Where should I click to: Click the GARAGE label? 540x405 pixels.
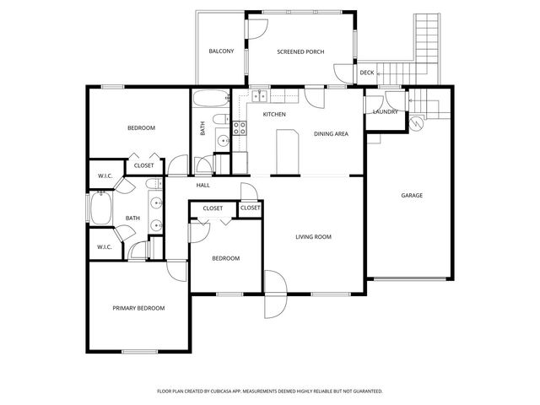411,196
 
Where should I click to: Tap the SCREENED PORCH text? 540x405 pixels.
300,51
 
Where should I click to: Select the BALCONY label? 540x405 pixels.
221,51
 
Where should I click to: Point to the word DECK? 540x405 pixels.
366,73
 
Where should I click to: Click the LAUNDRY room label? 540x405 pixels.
385,111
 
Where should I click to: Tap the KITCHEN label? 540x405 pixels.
274,114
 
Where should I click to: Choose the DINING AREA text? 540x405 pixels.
331,133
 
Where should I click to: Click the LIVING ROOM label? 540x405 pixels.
313,237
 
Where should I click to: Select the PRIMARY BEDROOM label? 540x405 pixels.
138,308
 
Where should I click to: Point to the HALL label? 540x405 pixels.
202,186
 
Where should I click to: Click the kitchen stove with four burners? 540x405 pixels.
239,128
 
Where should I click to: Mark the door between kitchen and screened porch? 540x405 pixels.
314,96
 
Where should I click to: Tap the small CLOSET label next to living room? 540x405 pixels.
251,208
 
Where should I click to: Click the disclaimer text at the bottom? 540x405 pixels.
270,391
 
